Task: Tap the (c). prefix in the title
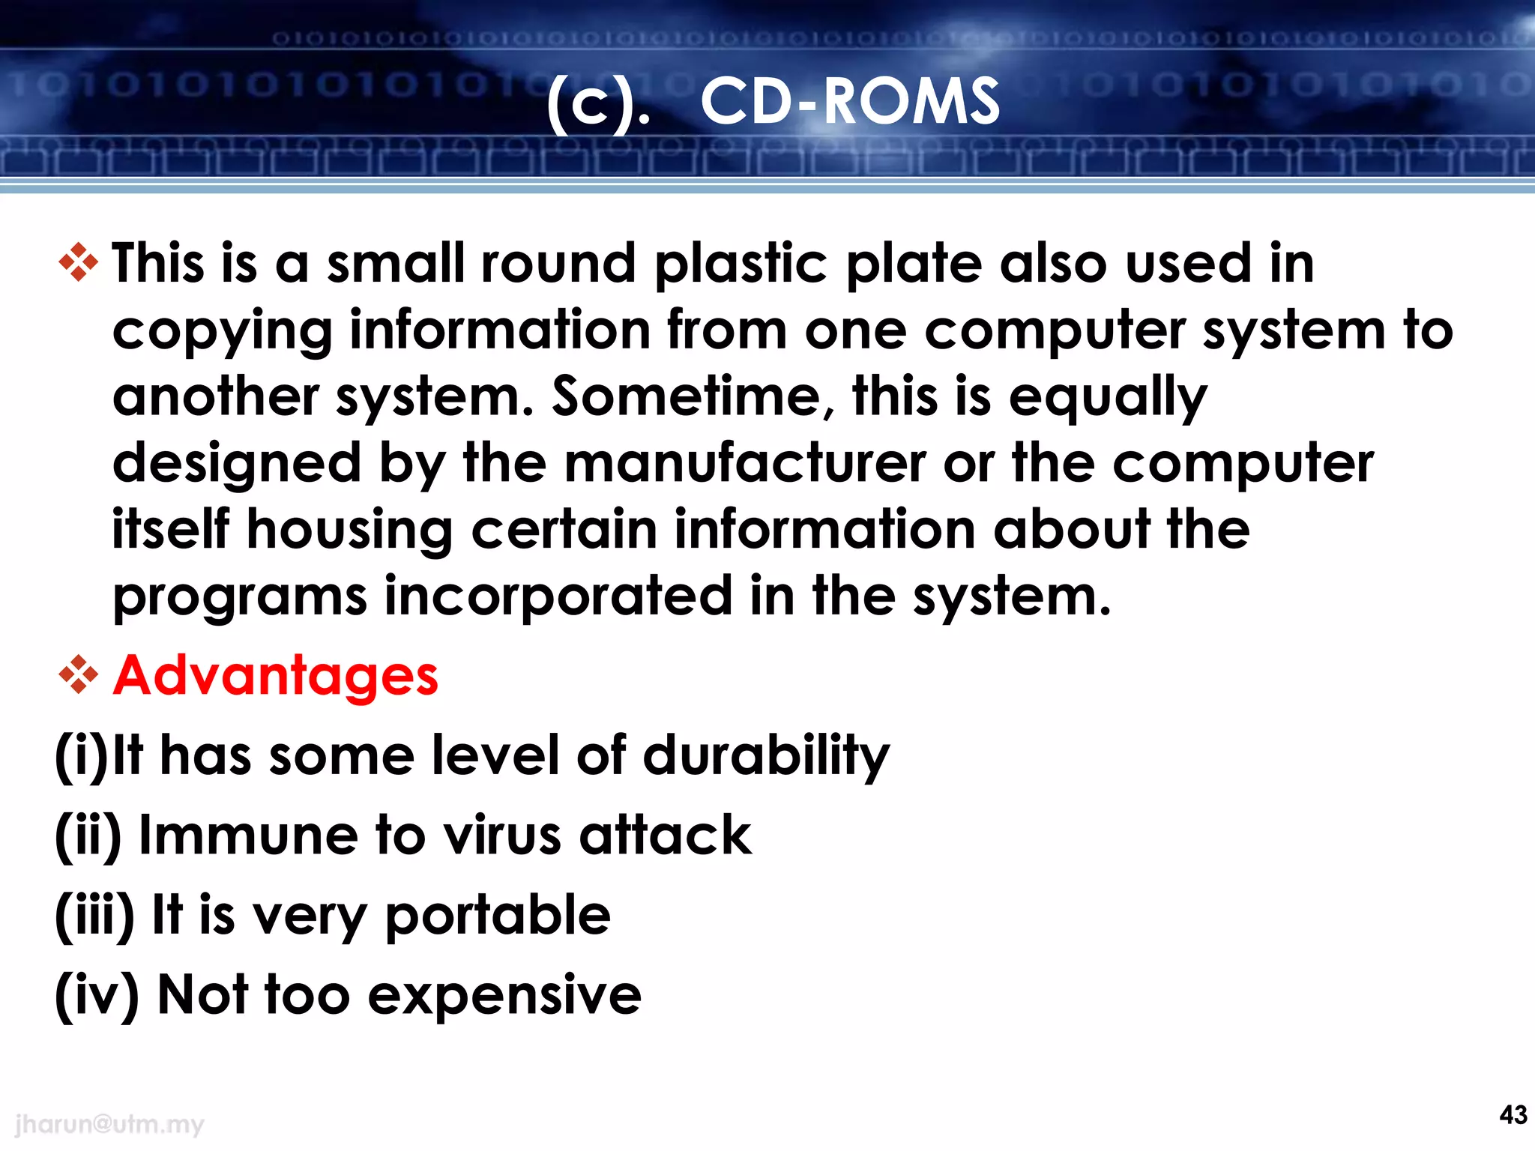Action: (x=597, y=105)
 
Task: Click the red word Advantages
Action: (x=275, y=675)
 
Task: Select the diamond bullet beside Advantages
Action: (x=78, y=674)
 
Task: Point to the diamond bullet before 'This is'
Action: (x=78, y=262)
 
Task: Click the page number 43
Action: (x=1513, y=1114)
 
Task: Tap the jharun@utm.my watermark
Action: (x=109, y=1123)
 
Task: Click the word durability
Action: (x=766, y=755)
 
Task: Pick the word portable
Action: (x=498, y=916)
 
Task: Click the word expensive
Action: (x=504, y=995)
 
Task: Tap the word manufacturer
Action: (x=745, y=462)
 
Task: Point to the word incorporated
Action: (x=558, y=596)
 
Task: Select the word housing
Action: (x=349, y=531)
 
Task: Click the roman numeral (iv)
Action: (x=97, y=995)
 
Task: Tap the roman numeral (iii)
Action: (x=94, y=916)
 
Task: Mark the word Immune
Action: (x=249, y=835)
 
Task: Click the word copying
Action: (x=222, y=330)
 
